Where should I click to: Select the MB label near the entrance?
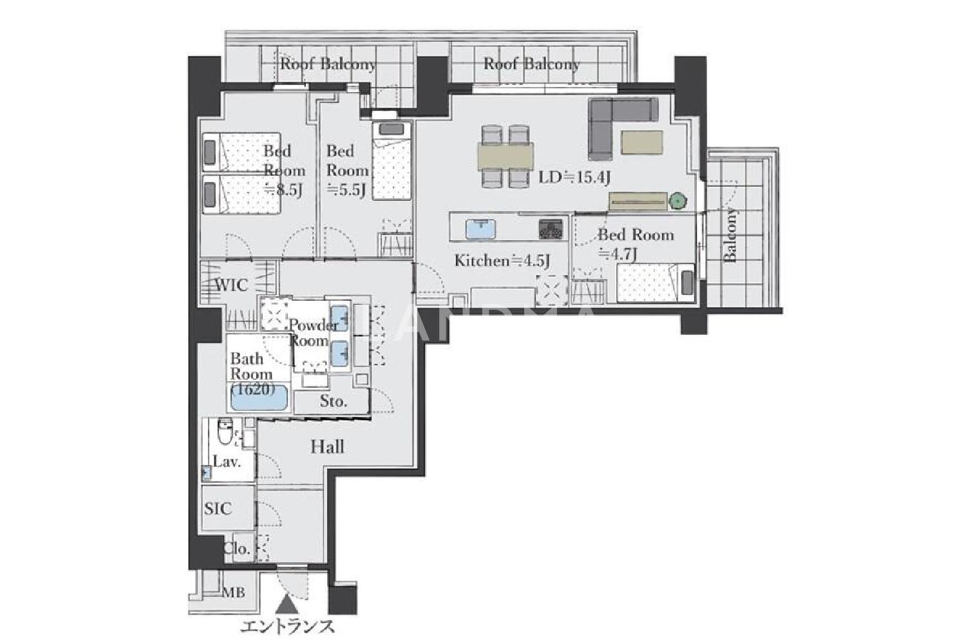pyautogui.click(x=233, y=593)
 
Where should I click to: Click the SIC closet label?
pyautogui.click(x=218, y=509)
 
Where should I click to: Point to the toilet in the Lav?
pyautogui.click(x=225, y=431)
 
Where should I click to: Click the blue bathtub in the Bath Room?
pyautogui.click(x=259, y=397)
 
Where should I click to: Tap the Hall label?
pyautogui.click(x=327, y=447)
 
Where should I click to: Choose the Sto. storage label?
pyautogui.click(x=334, y=402)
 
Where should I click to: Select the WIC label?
pyautogui.click(x=231, y=285)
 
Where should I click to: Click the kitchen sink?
pyautogui.click(x=480, y=229)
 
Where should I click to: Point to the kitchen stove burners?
pyautogui.click(x=551, y=229)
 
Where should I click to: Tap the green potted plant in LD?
pyautogui.click(x=678, y=201)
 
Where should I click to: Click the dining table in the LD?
pyautogui.click(x=506, y=156)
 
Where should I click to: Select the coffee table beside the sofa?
pyautogui.click(x=641, y=142)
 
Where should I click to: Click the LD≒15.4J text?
pyautogui.click(x=574, y=177)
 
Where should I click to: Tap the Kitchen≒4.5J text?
pyautogui.click(x=502, y=261)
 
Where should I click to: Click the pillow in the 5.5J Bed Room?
pyautogui.click(x=391, y=129)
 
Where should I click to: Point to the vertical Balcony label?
pyautogui.click(x=730, y=235)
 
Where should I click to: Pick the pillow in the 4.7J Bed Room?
pyautogui.click(x=687, y=283)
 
